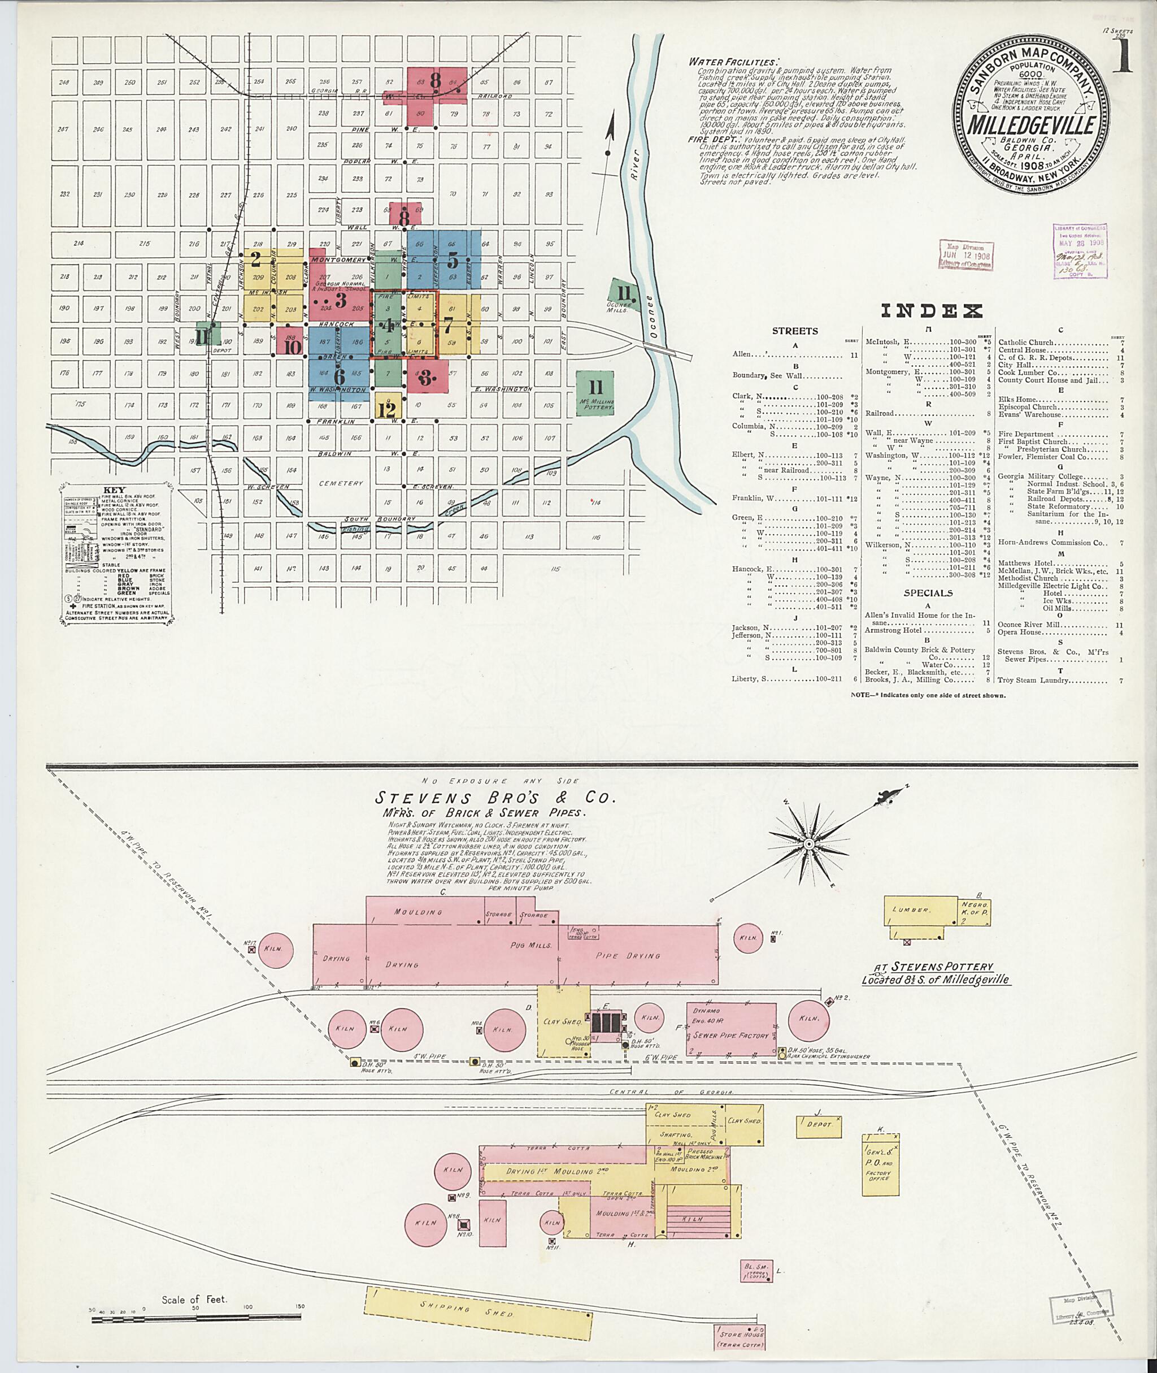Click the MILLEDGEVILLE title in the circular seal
coord(1031,125)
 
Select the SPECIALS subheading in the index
coord(928,592)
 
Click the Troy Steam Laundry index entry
coord(1033,681)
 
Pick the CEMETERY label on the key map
coord(341,483)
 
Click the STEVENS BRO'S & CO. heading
coord(495,798)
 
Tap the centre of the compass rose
coord(809,843)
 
